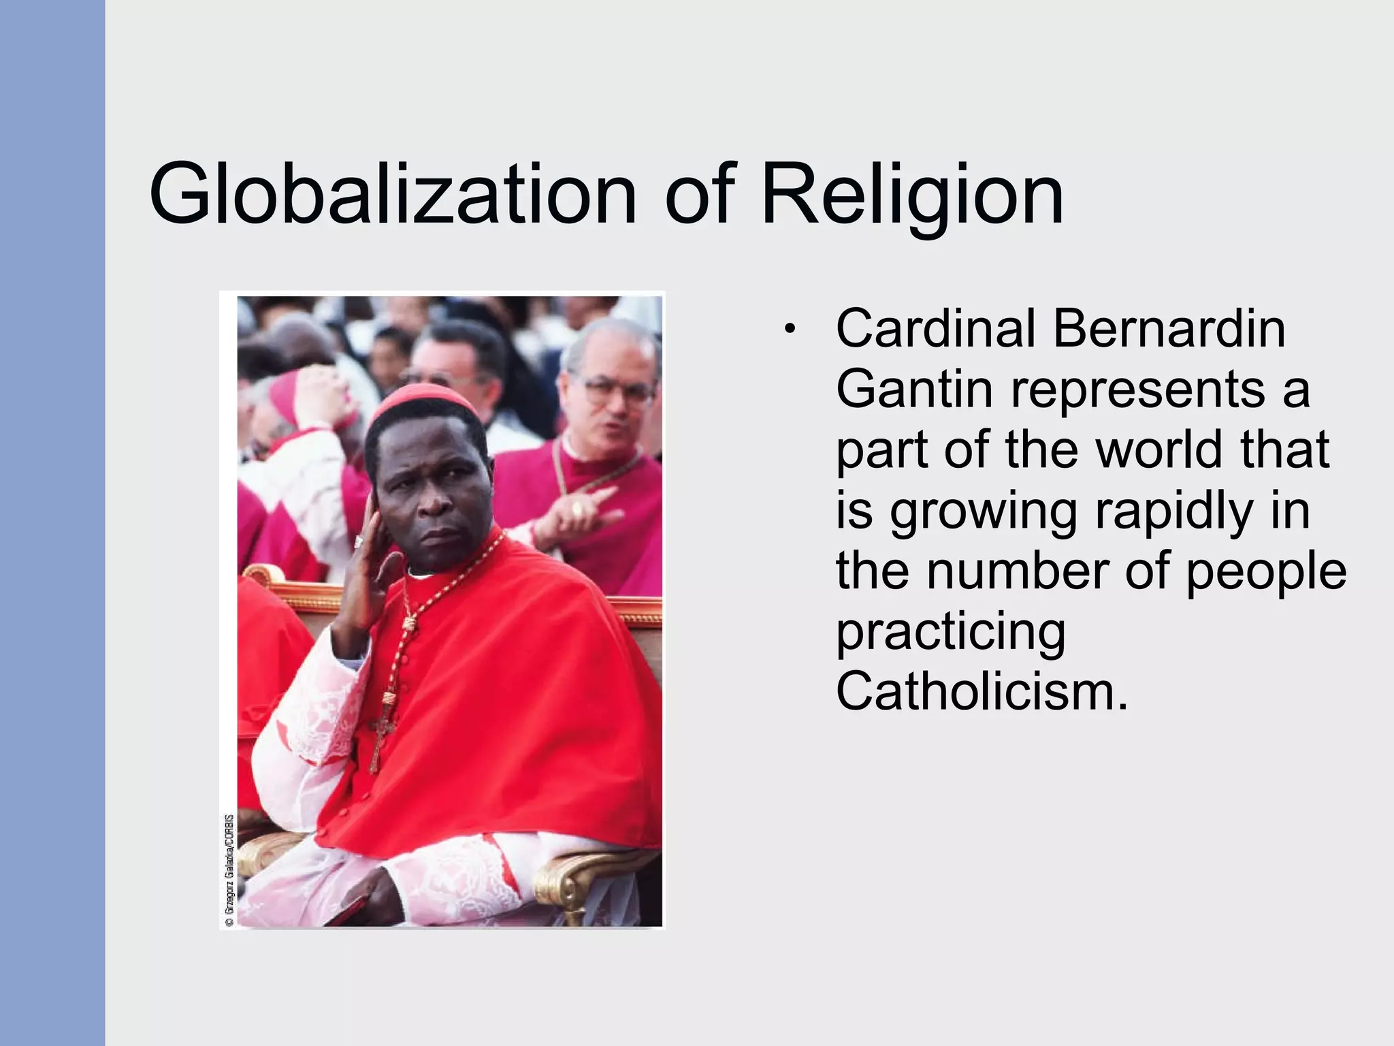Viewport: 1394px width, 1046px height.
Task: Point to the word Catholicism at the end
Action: (x=981, y=692)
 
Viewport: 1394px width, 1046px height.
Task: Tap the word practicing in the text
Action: (x=950, y=632)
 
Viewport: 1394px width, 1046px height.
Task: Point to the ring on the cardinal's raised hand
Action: (x=359, y=541)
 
